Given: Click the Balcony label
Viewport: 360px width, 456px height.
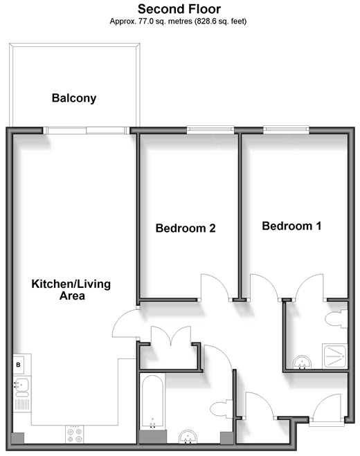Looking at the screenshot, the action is pos(74,98).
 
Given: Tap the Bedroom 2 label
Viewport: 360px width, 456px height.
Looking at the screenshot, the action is pos(186,228).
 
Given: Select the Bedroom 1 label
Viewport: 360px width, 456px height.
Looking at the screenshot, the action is pos(291,226).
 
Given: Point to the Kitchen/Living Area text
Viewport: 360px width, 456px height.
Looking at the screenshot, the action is pos(71,290).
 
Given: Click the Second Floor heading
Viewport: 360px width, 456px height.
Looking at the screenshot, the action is pos(179,9).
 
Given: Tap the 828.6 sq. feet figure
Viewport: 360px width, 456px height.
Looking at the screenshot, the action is pos(220,21).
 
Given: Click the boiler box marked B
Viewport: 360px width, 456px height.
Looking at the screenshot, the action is pos(18,365).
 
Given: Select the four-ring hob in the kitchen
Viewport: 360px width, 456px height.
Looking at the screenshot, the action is pos(75,435).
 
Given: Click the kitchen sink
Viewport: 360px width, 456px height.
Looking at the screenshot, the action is pos(21,387).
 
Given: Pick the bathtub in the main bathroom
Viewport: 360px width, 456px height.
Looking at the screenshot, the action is pos(152,402).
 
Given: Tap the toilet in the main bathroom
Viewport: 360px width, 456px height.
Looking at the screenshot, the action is pos(222,409).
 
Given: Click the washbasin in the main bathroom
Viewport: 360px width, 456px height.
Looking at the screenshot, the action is pos(188,437).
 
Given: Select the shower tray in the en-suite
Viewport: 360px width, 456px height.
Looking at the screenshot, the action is pos(334,356).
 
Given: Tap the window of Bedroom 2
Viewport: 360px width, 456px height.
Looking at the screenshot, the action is pos(210,129).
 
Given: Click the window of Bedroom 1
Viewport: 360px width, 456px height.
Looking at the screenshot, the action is pos(286,129).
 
